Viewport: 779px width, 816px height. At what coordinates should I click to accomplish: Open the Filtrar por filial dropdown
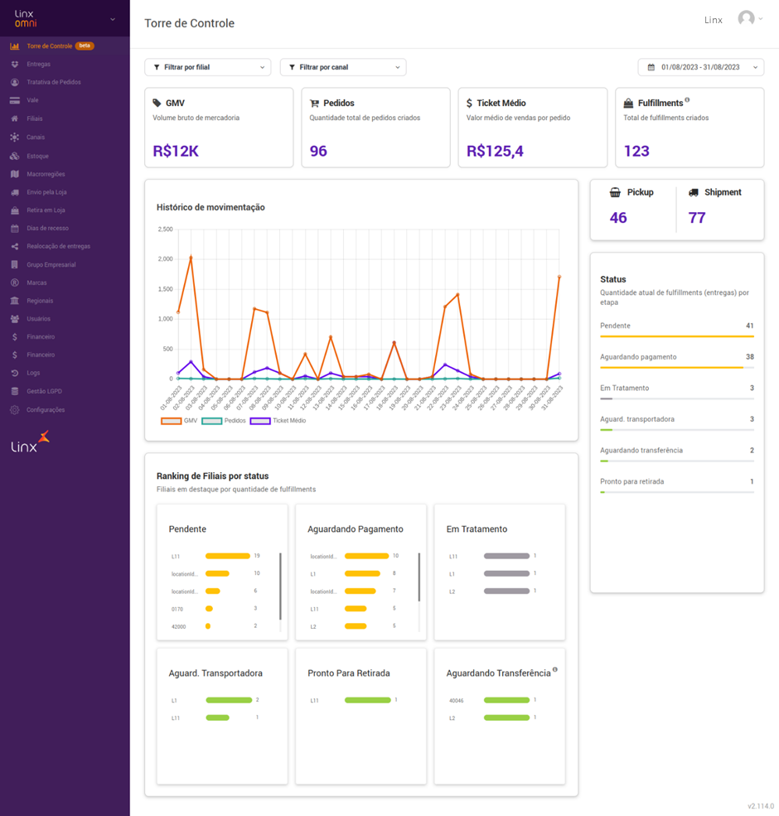point(208,67)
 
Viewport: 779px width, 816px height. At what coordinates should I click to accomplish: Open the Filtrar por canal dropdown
point(343,67)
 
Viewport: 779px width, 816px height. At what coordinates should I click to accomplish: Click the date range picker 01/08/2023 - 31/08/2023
point(701,67)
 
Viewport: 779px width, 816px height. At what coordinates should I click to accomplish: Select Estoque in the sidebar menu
point(38,156)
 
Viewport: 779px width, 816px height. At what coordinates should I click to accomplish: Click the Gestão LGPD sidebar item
point(44,391)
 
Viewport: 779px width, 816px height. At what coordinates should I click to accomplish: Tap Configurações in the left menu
point(46,410)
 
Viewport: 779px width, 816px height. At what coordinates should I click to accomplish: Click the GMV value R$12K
point(176,151)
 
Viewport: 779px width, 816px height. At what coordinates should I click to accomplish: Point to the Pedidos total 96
point(318,151)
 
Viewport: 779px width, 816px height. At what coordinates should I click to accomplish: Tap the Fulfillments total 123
point(636,151)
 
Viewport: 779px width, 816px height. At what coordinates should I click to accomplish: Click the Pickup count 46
point(618,218)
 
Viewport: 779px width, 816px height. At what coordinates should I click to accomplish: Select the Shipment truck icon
point(694,192)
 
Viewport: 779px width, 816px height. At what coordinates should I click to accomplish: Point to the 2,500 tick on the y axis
point(165,229)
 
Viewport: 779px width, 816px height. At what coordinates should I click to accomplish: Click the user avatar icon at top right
point(747,19)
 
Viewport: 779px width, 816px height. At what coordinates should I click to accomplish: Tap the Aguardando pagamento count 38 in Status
point(749,357)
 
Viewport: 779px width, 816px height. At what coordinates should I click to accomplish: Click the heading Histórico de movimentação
point(210,207)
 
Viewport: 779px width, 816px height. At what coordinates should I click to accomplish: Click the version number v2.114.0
point(760,805)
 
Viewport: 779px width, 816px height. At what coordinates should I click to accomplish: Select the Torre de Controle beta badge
point(85,46)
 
